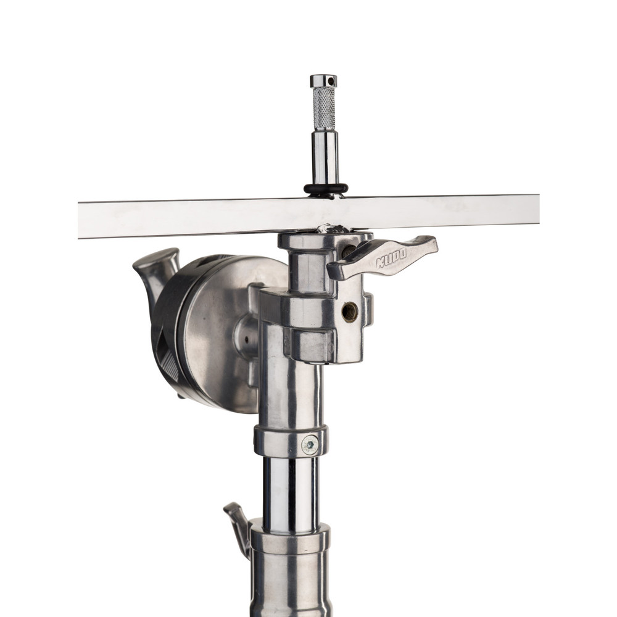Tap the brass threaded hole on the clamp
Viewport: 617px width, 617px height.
click(x=349, y=312)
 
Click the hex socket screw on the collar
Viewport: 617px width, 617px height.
click(x=310, y=445)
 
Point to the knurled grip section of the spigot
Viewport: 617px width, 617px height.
click(x=324, y=109)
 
